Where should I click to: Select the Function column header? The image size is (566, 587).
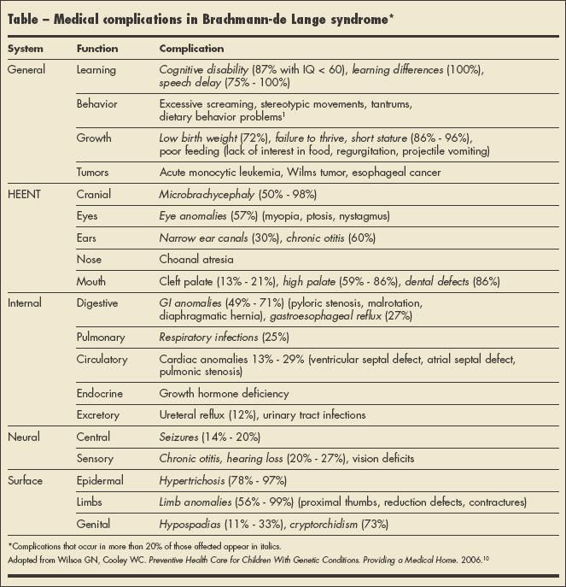tap(97, 49)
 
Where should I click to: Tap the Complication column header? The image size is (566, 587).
tap(191, 49)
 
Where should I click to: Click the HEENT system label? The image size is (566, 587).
tap(24, 194)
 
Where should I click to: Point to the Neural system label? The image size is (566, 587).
tap(23, 436)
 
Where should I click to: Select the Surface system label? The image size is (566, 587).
tap(25, 481)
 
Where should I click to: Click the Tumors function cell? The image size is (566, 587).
tap(93, 172)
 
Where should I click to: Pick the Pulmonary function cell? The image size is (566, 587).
tap(101, 338)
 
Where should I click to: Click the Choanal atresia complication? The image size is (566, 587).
tap(196, 258)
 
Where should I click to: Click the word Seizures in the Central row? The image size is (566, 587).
tap(179, 436)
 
